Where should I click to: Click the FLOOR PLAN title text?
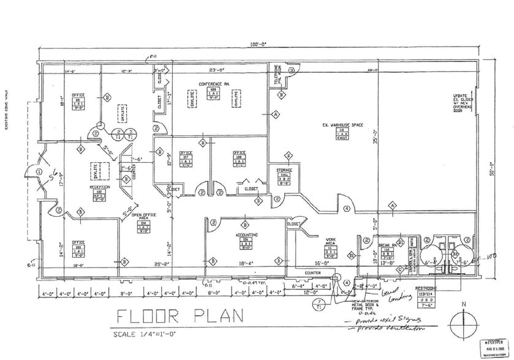(x=181, y=317)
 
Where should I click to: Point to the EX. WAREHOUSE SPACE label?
(x=342, y=125)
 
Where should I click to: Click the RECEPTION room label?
(x=99, y=187)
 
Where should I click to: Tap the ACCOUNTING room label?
(x=244, y=234)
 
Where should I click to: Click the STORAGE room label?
(x=284, y=170)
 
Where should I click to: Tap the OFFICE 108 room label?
(x=239, y=152)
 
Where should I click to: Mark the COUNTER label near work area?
(x=312, y=272)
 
